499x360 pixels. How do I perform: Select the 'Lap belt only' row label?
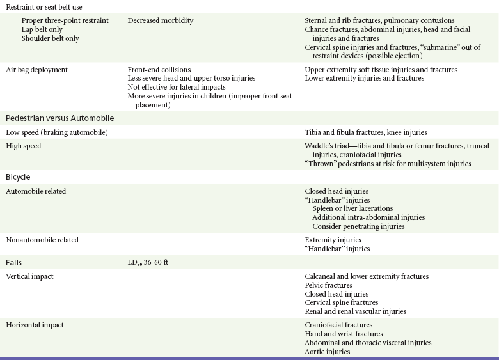tap(42, 29)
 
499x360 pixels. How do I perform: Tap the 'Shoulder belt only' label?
tap(49, 38)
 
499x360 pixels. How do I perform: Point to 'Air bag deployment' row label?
tap(36, 69)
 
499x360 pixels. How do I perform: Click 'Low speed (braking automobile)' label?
tap(56, 132)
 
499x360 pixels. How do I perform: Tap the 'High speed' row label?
tap(23, 146)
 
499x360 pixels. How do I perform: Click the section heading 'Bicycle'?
tap(18, 176)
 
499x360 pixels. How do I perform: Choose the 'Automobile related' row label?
tap(36, 191)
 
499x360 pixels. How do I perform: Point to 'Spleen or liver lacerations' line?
tap(352, 208)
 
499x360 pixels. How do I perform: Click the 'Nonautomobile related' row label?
tap(42, 240)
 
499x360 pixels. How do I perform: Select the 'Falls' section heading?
tap(14, 262)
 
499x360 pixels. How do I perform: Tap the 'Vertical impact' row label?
tap(29, 276)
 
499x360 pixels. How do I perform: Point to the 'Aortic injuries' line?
tap(328, 352)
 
